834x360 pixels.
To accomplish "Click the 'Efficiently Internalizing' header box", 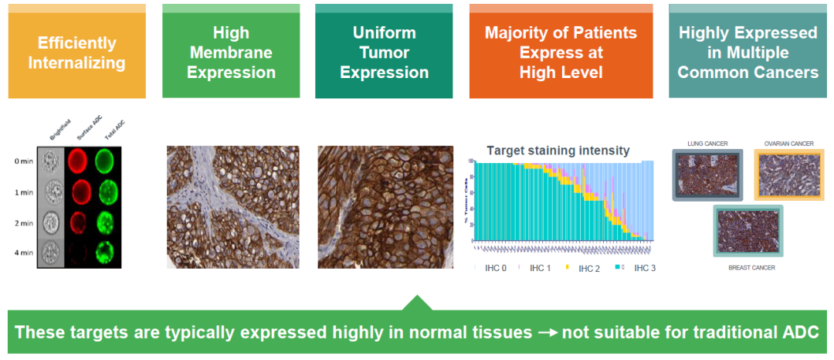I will tap(76, 53).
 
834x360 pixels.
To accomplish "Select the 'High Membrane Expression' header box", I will tap(231, 53).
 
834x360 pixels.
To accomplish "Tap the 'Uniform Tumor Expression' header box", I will tap(384, 53).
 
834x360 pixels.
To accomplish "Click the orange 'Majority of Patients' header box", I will tap(561, 53).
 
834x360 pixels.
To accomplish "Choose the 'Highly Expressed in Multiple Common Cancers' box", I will tap(748, 53).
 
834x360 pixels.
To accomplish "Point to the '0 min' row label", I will tap(23, 161).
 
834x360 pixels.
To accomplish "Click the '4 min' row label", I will tap(23, 252).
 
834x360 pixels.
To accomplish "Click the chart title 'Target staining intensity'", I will tap(558, 151).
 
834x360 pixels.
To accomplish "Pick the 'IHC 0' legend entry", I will tap(494, 268).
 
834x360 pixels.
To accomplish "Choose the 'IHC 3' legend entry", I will tap(644, 268).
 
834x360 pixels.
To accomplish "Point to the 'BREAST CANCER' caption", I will tap(747, 267).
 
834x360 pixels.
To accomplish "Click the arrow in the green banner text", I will tap(547, 333).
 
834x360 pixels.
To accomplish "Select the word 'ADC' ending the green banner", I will tap(799, 333).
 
